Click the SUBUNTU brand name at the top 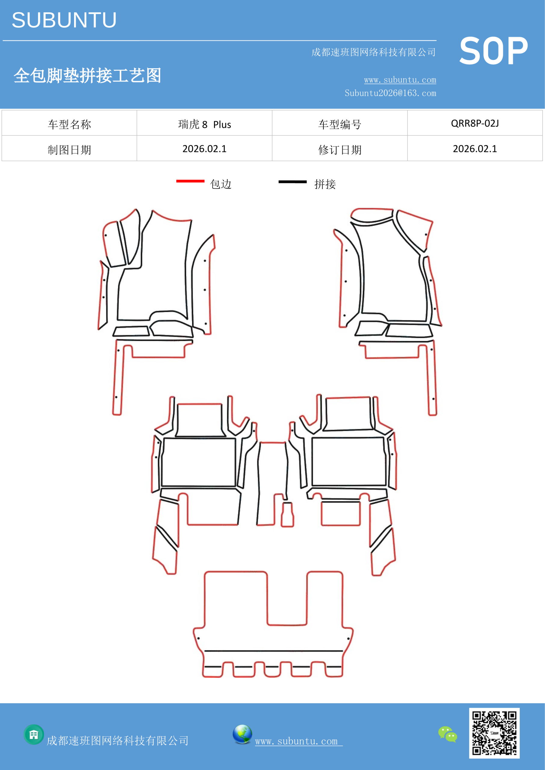pyautogui.click(x=64, y=20)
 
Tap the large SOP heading pyautogui.click(x=493, y=51)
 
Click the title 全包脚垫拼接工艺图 pyautogui.click(x=87, y=75)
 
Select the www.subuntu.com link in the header pyautogui.click(x=400, y=80)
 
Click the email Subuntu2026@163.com pyautogui.click(x=390, y=93)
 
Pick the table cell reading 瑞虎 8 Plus pyautogui.click(x=204, y=125)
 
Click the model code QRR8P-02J pyautogui.click(x=475, y=123)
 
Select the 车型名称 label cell pyautogui.click(x=69, y=125)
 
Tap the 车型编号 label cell pyautogui.click(x=340, y=125)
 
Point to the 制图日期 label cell pyautogui.click(x=69, y=149)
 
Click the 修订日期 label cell pyautogui.click(x=340, y=149)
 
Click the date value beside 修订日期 pyautogui.click(x=475, y=149)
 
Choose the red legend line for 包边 pyautogui.click(x=190, y=181)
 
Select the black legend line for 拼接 pyautogui.click(x=292, y=182)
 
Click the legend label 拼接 pyautogui.click(x=325, y=184)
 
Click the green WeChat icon pyautogui.click(x=448, y=734)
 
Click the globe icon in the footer pyautogui.click(x=242, y=735)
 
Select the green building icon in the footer pyautogui.click(x=34, y=735)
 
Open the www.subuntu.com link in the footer pyautogui.click(x=299, y=741)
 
